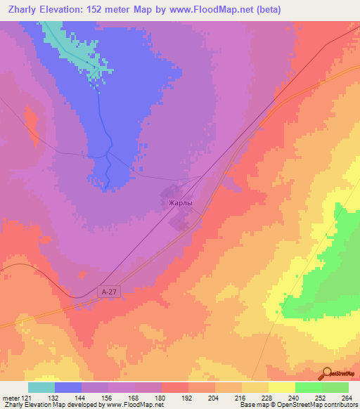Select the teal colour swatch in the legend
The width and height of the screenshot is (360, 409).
(41, 387)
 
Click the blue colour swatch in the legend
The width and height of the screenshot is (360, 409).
(68, 387)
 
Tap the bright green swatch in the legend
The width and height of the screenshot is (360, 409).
(308, 387)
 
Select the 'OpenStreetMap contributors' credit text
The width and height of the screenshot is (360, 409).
(309, 404)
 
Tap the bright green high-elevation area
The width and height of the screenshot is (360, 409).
(330, 267)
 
